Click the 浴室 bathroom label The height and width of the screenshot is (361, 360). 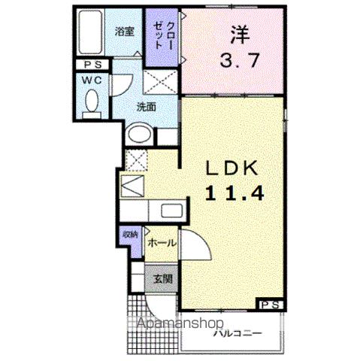pyautogui.click(x=125, y=32)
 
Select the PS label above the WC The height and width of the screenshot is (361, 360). pyautogui.click(x=90, y=65)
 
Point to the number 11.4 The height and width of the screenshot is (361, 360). pyautogui.click(x=234, y=193)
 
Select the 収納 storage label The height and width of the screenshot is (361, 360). pyautogui.click(x=130, y=235)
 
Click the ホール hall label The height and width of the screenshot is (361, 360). pyautogui.click(x=162, y=243)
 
